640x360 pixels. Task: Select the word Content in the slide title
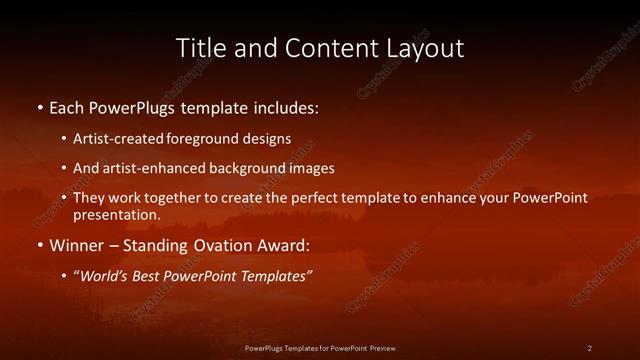323,48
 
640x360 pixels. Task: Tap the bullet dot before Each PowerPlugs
39,106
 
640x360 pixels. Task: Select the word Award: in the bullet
285,245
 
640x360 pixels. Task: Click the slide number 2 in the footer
589,347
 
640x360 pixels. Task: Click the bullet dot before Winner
39,245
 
